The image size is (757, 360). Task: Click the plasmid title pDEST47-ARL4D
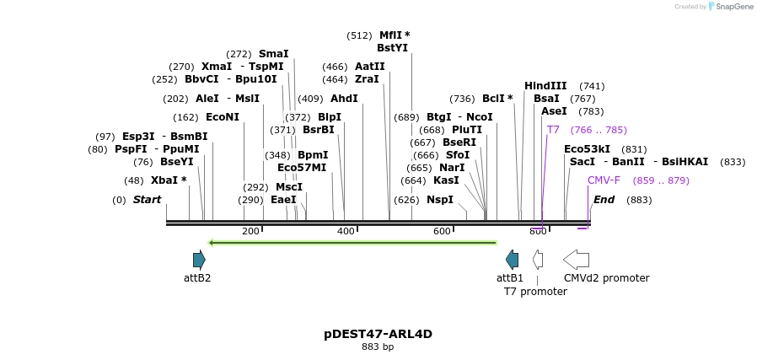[378, 334]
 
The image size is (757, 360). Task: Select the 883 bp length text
[378, 347]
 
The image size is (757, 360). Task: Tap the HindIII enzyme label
[545, 86]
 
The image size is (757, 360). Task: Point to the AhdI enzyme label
[344, 99]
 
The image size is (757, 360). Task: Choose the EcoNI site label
[223, 117]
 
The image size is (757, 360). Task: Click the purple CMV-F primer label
[604, 180]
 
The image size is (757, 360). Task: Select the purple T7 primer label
[553, 130]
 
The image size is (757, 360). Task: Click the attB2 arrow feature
[199, 260]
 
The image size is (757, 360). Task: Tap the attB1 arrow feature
[512, 260]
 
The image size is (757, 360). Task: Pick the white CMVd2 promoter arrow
[576, 260]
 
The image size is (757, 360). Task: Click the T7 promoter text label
[535, 292]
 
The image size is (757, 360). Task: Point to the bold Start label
[147, 200]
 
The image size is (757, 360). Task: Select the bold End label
[604, 200]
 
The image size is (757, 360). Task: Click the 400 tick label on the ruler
[346, 232]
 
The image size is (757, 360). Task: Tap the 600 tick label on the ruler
[442, 232]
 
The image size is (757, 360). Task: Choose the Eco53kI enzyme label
[587, 149]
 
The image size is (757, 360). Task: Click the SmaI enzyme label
[273, 54]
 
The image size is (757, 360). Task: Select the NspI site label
[440, 200]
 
